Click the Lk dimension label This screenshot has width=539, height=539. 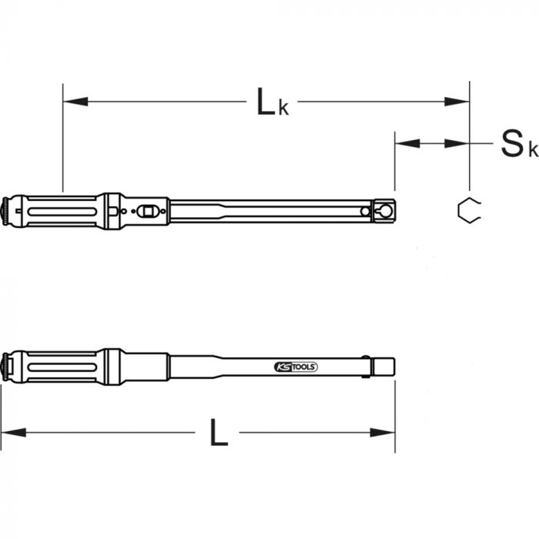pos(272,102)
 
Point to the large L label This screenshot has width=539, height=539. pos(219,434)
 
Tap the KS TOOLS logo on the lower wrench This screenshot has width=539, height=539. pos(296,367)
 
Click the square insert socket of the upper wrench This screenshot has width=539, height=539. pos(384,210)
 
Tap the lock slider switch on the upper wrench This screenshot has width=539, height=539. pos(149,209)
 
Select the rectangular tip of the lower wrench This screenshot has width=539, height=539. pos(383,366)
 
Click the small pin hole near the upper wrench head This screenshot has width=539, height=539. pos(364,210)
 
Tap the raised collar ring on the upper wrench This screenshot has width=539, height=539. pos(112,210)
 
